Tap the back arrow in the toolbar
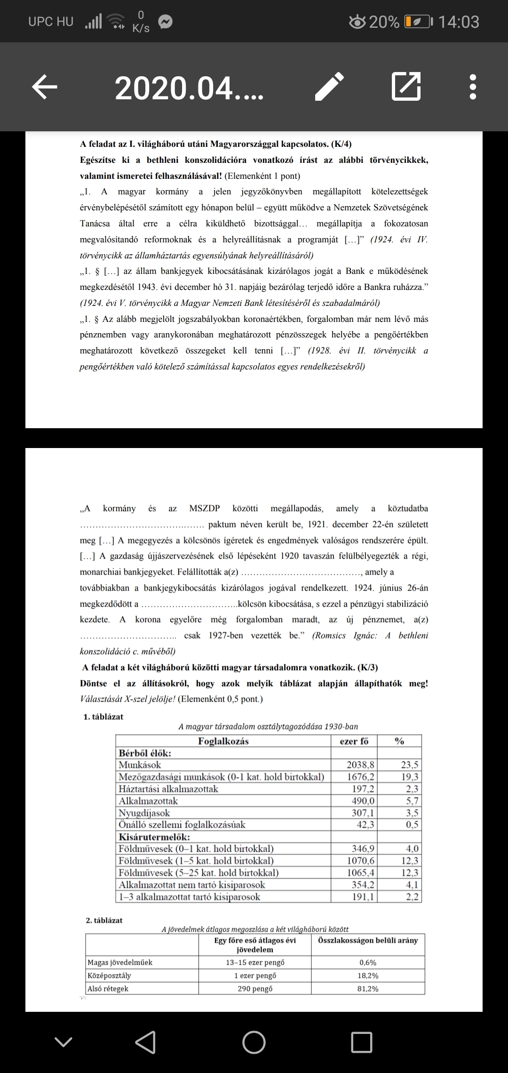[x=45, y=87]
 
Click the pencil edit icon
[x=329, y=87]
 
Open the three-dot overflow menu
[x=473, y=87]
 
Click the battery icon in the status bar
[x=417, y=22]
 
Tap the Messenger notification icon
[x=165, y=22]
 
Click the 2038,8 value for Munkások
[x=360, y=765]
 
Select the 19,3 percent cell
[x=409, y=777]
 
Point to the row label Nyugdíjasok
[x=144, y=813]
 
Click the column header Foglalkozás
[x=223, y=741]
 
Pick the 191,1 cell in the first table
[x=363, y=897]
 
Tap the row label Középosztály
[x=110, y=975]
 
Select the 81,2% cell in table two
[x=367, y=988]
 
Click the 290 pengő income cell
[x=255, y=988]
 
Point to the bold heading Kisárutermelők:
[x=154, y=837]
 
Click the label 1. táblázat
[x=103, y=717]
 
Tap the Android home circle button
[x=254, y=1042]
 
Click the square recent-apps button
[x=361, y=1042]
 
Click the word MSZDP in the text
[x=204, y=508]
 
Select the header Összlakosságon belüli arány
[x=368, y=940]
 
